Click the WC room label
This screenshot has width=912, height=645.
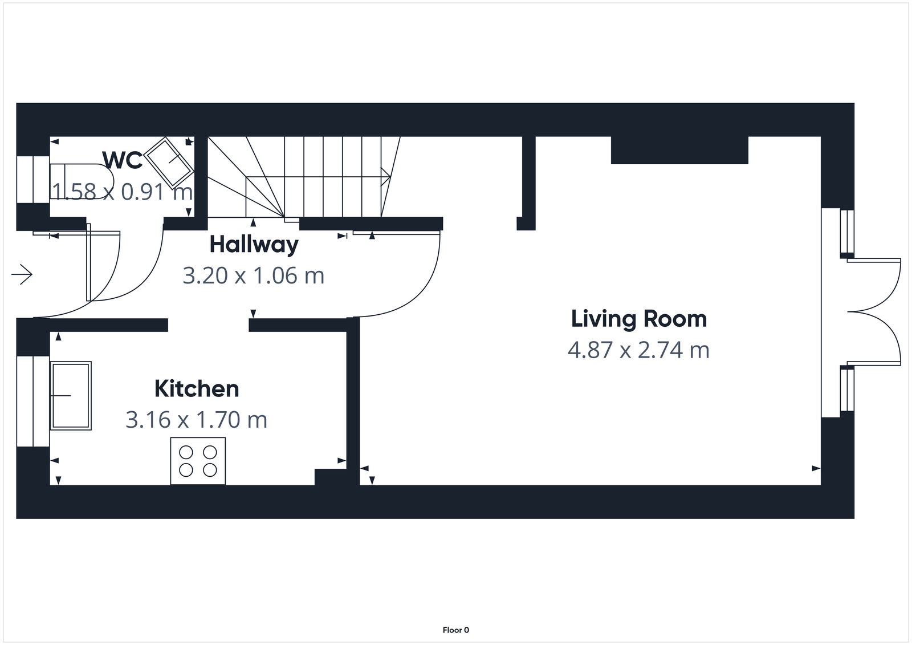pyautogui.click(x=122, y=160)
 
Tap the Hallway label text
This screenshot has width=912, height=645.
pyautogui.click(x=254, y=244)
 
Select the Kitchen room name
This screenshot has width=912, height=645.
pyautogui.click(x=197, y=389)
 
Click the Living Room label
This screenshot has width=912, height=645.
pyautogui.click(x=638, y=318)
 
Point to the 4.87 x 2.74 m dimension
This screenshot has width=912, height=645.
pyautogui.click(x=638, y=350)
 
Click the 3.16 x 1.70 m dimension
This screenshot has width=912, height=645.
pyautogui.click(x=197, y=420)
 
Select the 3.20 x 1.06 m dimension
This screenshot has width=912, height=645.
pyautogui.click(x=254, y=275)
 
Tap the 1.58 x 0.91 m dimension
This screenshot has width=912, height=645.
pyautogui.click(x=123, y=192)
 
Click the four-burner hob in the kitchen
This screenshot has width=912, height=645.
pyautogui.click(x=198, y=461)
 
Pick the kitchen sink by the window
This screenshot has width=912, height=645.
pyautogui.click(x=71, y=395)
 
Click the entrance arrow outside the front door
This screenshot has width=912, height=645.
pyautogui.click(x=22, y=275)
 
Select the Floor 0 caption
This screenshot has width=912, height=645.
pyautogui.click(x=455, y=630)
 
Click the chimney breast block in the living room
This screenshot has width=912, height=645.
pyautogui.click(x=679, y=150)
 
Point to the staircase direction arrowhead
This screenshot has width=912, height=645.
pyautogui.click(x=386, y=173)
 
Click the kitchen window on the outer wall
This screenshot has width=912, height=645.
pyautogui.click(x=33, y=401)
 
